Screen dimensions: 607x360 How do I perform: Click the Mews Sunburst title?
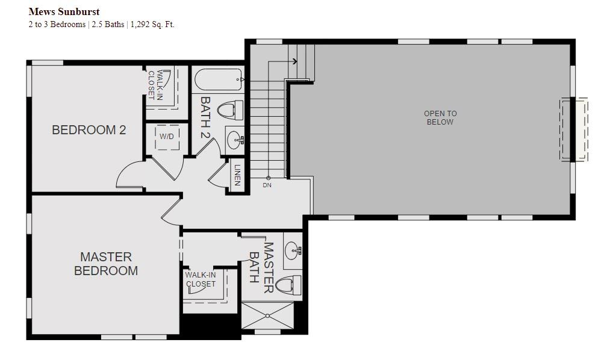(64, 11)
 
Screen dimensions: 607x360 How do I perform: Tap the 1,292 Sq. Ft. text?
(152, 25)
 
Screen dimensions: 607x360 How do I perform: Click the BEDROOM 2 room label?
(89, 129)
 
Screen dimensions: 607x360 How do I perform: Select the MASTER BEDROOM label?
(106, 264)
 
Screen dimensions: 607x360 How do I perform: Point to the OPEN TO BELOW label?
(440, 117)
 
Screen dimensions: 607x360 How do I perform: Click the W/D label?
(167, 136)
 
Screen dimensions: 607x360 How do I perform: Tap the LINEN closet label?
(237, 175)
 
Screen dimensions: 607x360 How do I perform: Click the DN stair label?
(267, 185)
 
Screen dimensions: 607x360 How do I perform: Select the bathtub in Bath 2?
(219, 79)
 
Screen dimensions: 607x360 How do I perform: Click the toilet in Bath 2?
(230, 110)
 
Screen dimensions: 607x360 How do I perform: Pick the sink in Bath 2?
(235, 139)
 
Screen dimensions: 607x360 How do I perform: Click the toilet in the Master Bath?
(290, 285)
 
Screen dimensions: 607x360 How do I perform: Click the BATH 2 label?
(205, 117)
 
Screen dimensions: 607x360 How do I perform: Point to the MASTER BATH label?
(261, 267)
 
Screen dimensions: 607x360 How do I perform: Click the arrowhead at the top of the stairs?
(295, 61)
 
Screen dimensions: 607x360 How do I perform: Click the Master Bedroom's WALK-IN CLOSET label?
(201, 279)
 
